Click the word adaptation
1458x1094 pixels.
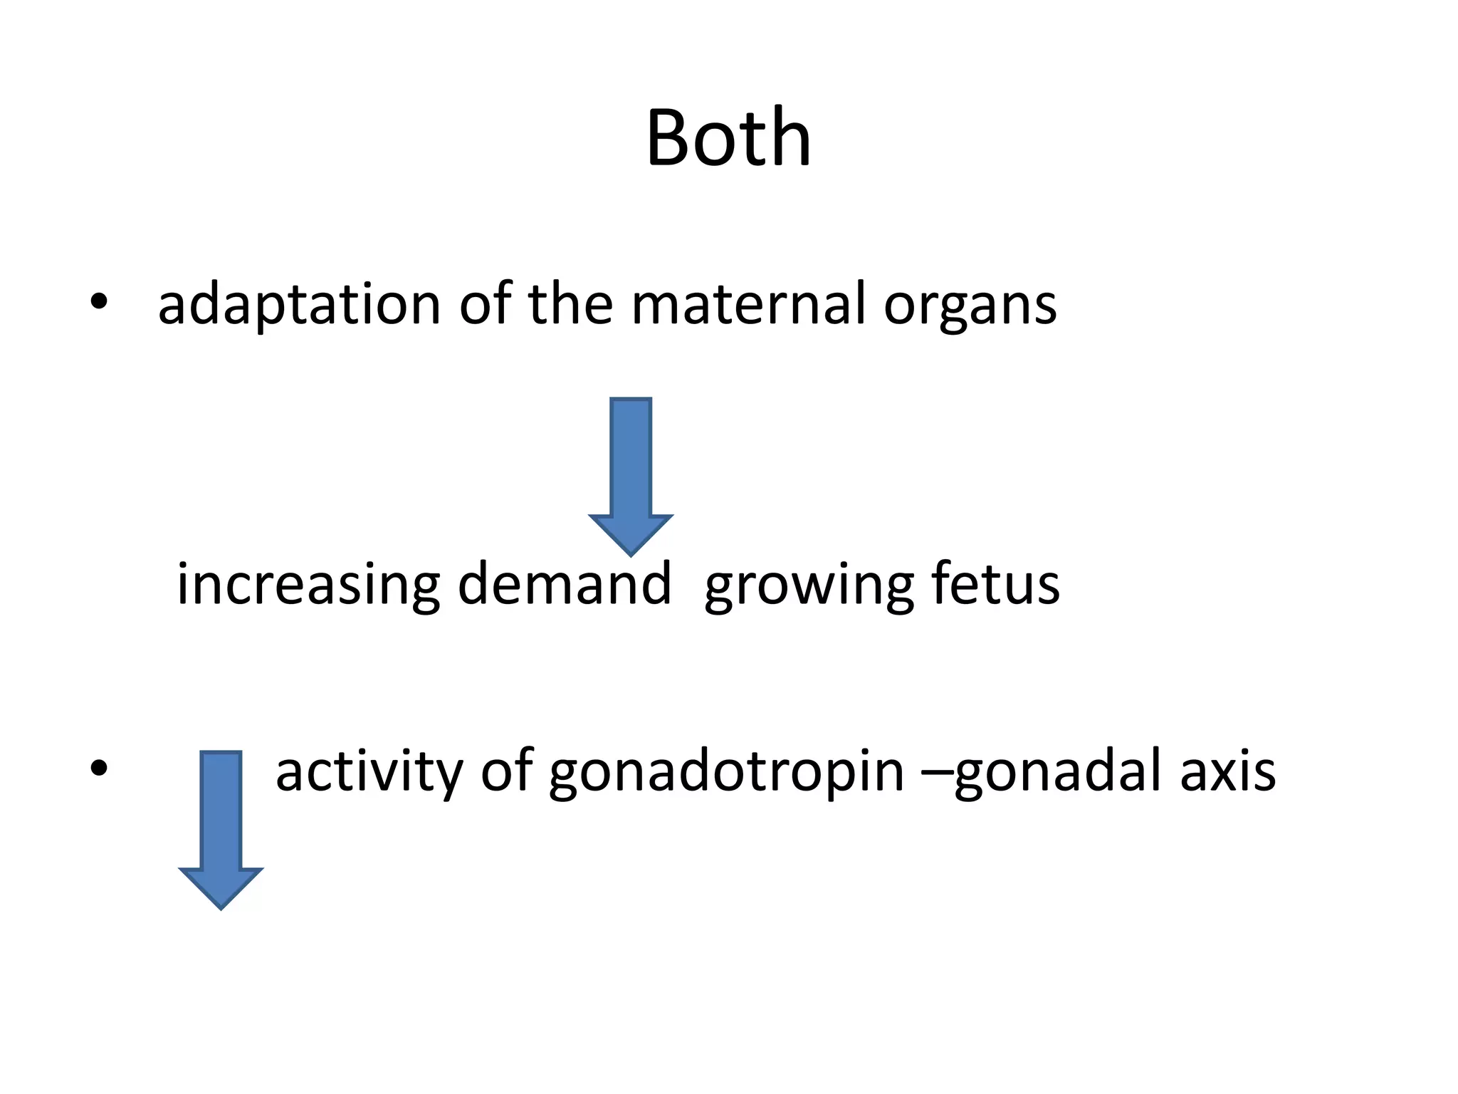pos(299,305)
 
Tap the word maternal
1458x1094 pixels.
pos(748,305)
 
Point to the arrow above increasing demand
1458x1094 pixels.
pos(631,470)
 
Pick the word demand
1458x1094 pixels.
pos(564,584)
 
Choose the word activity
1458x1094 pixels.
pos(369,772)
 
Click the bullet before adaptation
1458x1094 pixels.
pos(99,303)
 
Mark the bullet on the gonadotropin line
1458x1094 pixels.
pos(99,768)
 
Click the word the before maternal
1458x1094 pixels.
pos(570,305)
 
